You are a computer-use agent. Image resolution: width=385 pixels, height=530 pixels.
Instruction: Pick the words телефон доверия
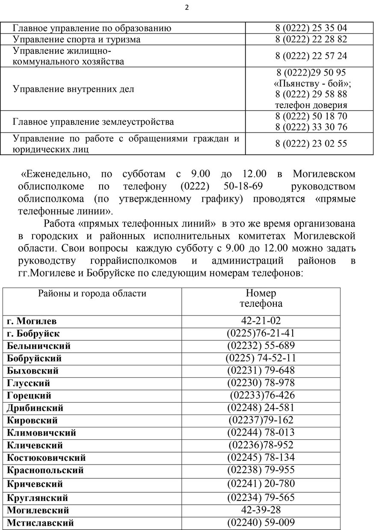coord(311,105)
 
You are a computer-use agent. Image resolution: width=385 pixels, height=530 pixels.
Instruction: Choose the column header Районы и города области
coord(92,294)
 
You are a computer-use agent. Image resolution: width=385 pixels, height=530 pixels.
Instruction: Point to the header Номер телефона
coord(261,298)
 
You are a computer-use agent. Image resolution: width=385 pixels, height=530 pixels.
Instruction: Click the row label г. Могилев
coord(32,321)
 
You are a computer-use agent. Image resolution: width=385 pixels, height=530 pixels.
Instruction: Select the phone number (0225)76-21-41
coord(261,333)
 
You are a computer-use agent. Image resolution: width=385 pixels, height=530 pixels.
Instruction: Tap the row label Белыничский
coord(38,346)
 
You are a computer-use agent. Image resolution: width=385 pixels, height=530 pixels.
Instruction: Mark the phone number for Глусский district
coord(261,383)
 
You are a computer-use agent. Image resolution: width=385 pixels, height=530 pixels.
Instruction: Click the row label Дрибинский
coord(35,408)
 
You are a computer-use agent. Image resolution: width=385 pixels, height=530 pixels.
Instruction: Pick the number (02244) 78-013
coord(261,433)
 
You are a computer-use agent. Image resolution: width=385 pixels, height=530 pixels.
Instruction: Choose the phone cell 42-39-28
coord(261,510)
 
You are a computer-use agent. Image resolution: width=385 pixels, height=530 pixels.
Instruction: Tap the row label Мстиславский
coord(40,523)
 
